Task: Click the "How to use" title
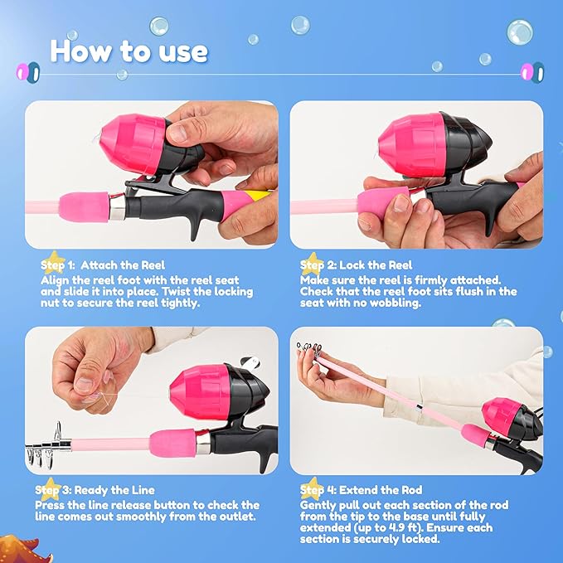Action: [129, 51]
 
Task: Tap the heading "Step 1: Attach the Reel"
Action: [103, 265]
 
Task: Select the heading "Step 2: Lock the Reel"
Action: [357, 265]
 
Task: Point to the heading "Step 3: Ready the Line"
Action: [95, 490]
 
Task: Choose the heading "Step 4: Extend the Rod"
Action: [362, 490]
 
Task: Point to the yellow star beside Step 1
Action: [54, 262]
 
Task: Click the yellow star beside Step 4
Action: [313, 488]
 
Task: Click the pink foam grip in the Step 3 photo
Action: [172, 443]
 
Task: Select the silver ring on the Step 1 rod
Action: [117, 206]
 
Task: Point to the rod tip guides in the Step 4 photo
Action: [309, 349]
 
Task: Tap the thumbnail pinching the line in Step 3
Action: [85, 384]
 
